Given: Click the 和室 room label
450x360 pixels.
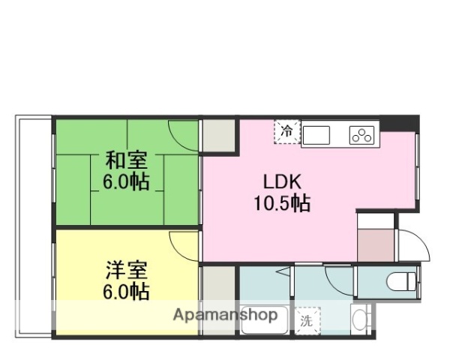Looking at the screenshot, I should point(125,160).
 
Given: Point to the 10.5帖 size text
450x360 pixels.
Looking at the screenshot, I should point(281,202).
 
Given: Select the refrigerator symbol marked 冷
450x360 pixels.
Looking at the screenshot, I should point(286,130).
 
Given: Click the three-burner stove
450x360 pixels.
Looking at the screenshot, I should point(363,136).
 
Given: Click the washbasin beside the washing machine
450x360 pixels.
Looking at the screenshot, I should point(361,320).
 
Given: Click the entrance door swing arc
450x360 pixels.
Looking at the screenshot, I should point(413,244).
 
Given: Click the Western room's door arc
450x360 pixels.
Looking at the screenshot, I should point(184,244).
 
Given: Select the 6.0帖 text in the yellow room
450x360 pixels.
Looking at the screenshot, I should point(125,291).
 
